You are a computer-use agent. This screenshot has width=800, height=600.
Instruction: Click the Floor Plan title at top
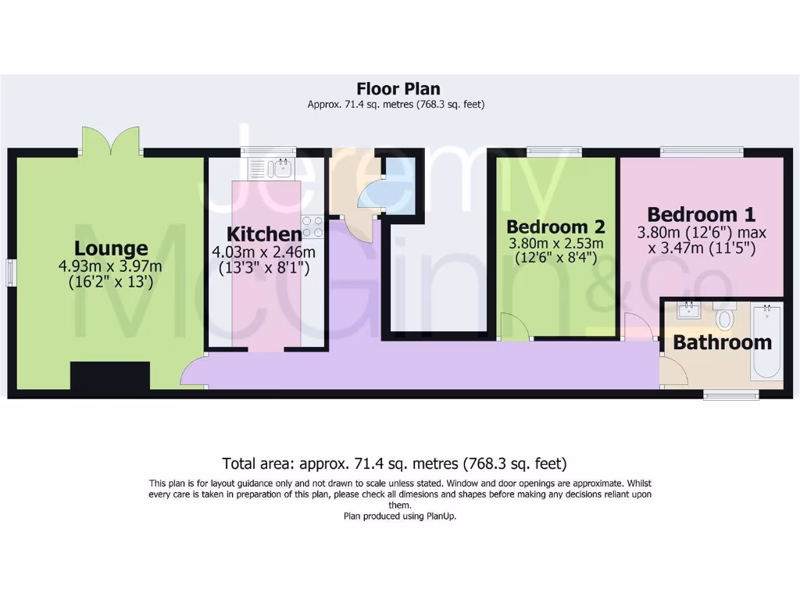pos(398,88)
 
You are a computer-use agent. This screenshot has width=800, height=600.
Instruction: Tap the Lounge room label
pos(111,248)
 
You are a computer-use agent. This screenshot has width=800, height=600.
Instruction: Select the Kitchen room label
pos(264,234)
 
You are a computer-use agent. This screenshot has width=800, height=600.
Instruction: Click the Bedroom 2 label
pos(556,227)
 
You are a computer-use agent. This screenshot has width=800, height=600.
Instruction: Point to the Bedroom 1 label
pos(702,214)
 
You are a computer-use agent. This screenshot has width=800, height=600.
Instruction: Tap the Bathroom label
pos(722,342)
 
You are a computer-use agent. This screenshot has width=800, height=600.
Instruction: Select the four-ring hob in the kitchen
pos(313,227)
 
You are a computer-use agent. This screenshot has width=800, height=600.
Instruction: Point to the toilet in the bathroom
pos(724,316)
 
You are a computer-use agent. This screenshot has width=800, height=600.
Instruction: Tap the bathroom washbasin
pos(688,311)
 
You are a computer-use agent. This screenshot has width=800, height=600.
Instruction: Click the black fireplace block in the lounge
pos(110,376)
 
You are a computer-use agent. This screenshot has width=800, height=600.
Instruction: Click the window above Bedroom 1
pos(701,152)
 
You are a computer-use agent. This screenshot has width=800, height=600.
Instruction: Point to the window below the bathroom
pos(730,396)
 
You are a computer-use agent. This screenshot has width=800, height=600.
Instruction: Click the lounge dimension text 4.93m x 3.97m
pos(110,266)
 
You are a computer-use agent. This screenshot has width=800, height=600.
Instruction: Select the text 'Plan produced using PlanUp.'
pos(399,516)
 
